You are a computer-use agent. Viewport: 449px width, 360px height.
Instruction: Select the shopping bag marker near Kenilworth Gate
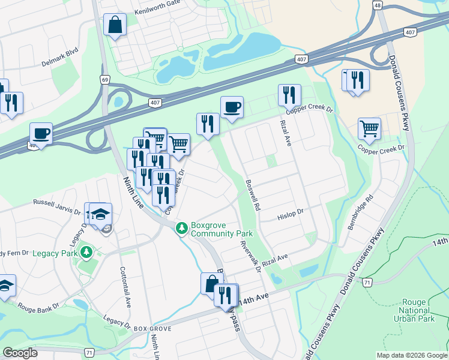(x=115, y=26)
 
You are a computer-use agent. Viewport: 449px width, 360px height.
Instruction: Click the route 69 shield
(x=106, y=79)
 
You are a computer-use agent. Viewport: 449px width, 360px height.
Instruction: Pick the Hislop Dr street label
(x=291, y=214)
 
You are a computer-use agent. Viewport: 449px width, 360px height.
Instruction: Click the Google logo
(x=20, y=353)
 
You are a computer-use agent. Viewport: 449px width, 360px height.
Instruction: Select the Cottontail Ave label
(x=127, y=287)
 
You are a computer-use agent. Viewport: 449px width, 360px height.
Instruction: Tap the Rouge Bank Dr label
(x=38, y=306)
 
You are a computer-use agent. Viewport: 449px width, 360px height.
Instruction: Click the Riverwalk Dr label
(x=250, y=257)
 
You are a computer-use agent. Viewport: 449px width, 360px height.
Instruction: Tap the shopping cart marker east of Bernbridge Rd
(x=369, y=128)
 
